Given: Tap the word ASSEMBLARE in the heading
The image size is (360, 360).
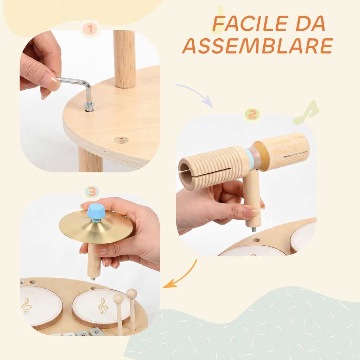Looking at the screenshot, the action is point(258,46).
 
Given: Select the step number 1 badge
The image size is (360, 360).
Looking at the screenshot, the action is point(90,29).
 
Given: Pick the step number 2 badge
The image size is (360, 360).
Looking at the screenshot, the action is point(252,114).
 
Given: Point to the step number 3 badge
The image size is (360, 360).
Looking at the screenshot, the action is point(92,192).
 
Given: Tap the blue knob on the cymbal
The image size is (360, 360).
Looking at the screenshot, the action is point(96,212).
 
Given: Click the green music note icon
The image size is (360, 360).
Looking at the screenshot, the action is point(306,113).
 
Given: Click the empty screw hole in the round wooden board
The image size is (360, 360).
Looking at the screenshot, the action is point(121,140).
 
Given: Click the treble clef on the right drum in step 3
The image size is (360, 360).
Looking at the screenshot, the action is point(103,306).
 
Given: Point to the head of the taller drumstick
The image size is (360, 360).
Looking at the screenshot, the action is point(132,294).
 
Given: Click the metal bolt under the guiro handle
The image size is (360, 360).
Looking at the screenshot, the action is point(254,229).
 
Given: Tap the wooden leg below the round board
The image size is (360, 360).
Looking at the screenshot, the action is point(90,160).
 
